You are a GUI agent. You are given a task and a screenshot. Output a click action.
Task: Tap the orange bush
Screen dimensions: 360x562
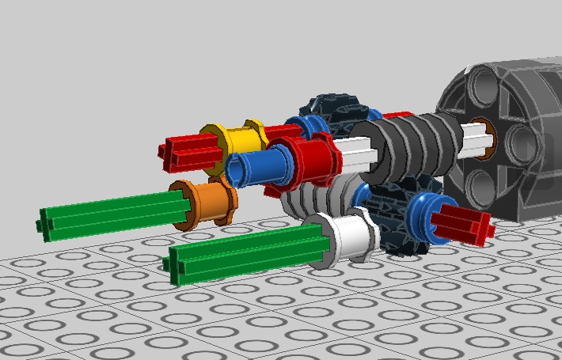click(207, 201)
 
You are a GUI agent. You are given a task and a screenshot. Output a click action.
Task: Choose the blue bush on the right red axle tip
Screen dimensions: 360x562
click(428, 211)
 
